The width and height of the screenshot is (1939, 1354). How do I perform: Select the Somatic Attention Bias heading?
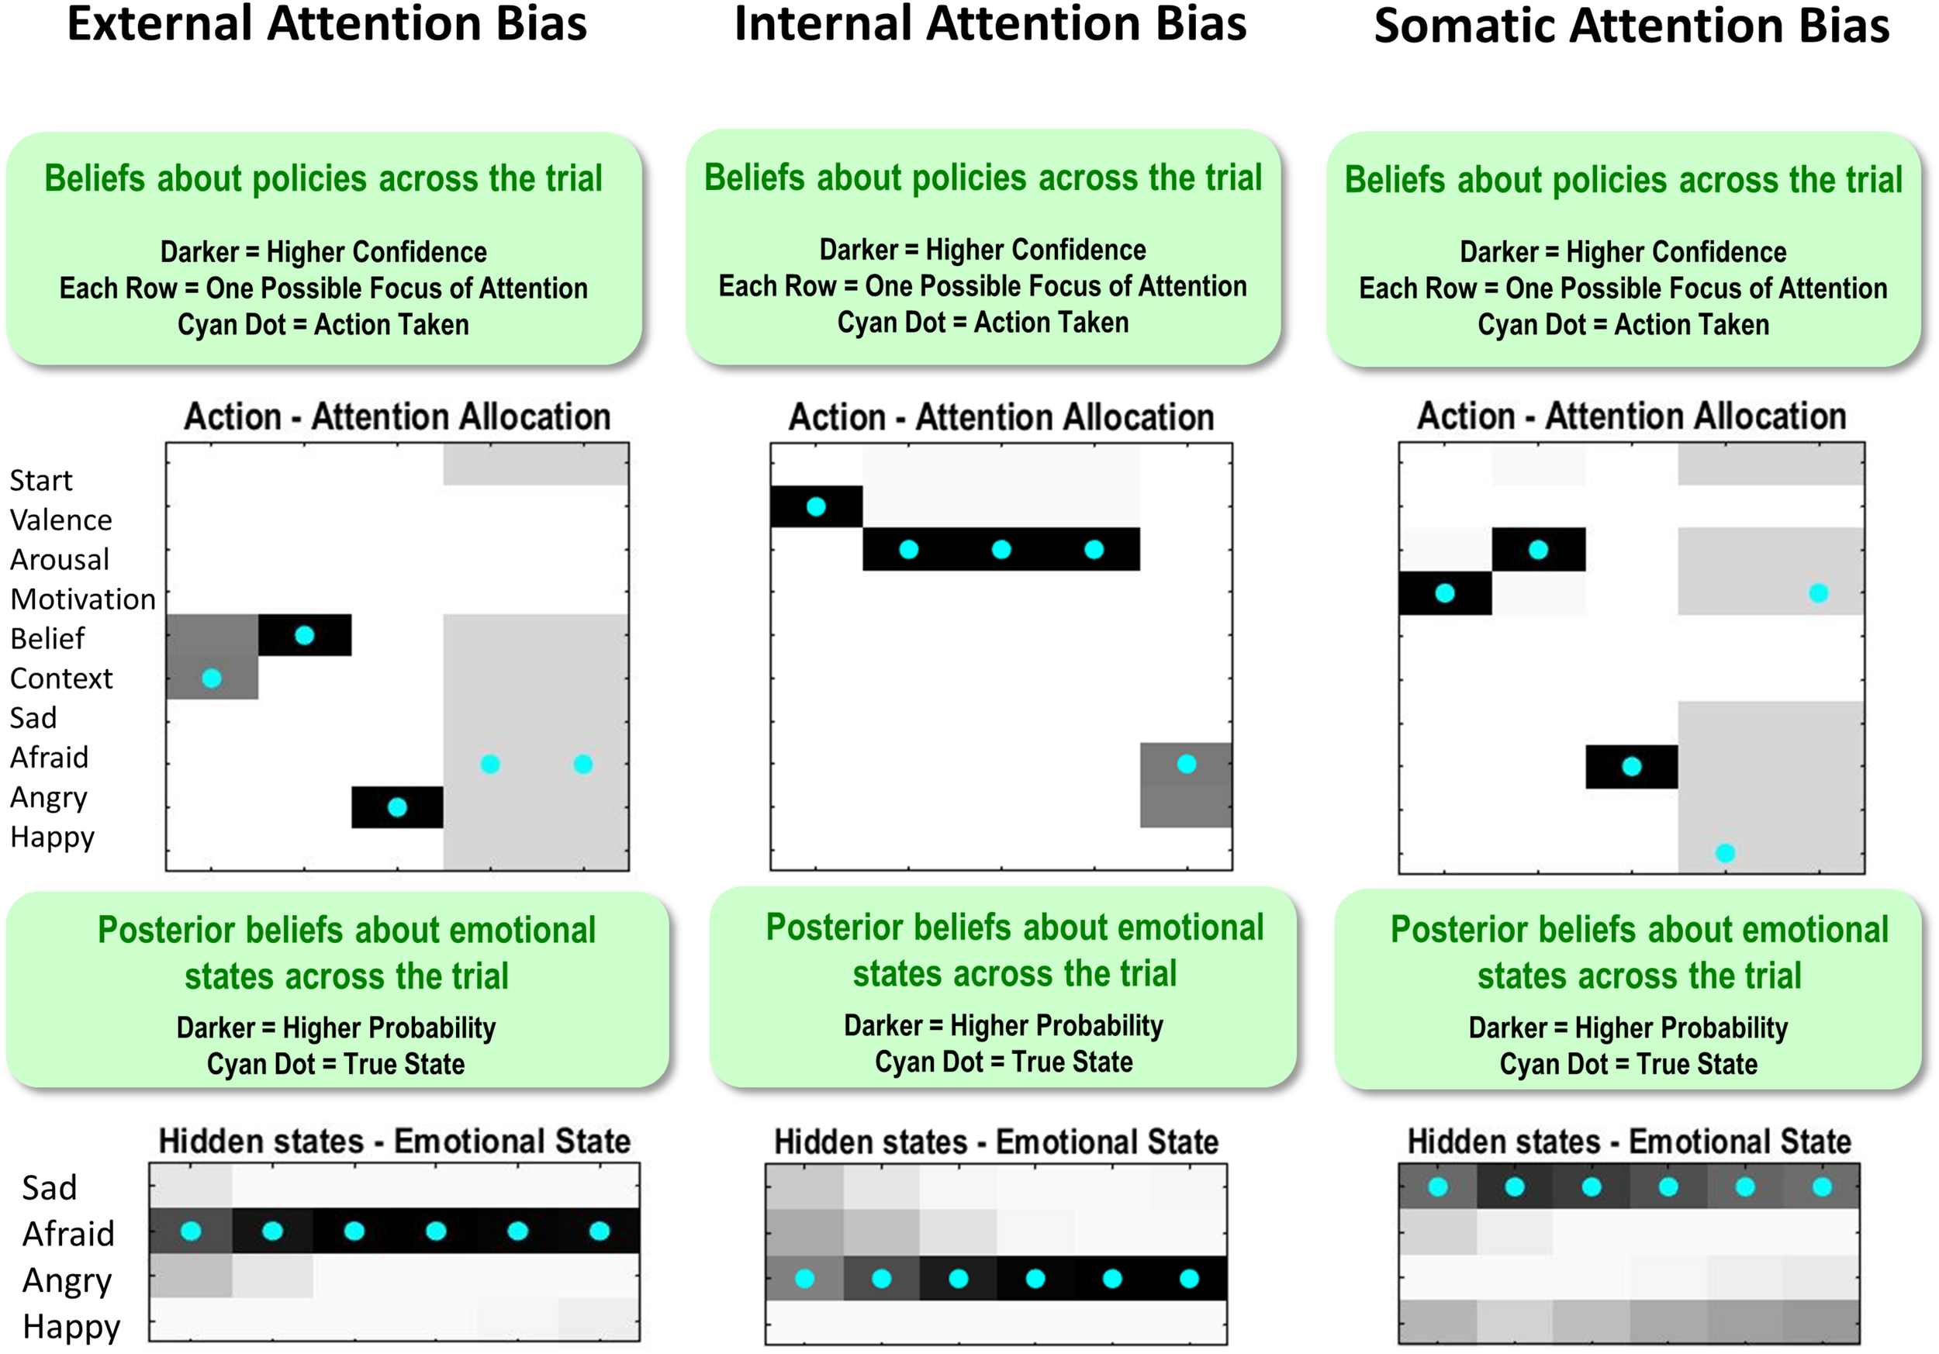[1631, 26]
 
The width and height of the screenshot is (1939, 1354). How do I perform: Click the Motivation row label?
[83, 599]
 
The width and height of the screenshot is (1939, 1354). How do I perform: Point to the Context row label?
[60, 678]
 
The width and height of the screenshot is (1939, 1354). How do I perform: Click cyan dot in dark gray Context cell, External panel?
[212, 678]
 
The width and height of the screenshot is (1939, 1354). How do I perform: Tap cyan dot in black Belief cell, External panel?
[305, 635]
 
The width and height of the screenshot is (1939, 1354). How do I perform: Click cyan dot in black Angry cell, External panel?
[397, 807]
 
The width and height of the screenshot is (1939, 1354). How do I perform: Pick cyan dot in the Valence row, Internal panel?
[816, 506]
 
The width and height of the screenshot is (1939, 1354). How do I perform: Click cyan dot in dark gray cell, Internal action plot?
[1186, 764]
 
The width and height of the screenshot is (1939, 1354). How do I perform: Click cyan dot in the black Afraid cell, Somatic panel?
[1632, 765]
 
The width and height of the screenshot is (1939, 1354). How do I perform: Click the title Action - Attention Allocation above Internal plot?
[1001, 417]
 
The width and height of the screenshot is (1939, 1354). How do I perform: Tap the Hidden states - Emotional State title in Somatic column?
[1629, 1142]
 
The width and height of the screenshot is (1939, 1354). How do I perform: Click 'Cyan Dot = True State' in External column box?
[335, 1064]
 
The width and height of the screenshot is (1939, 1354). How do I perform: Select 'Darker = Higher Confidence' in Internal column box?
[982, 250]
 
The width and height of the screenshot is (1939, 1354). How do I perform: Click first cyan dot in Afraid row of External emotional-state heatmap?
[191, 1231]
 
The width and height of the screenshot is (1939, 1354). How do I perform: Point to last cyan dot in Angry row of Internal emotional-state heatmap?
[1189, 1279]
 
